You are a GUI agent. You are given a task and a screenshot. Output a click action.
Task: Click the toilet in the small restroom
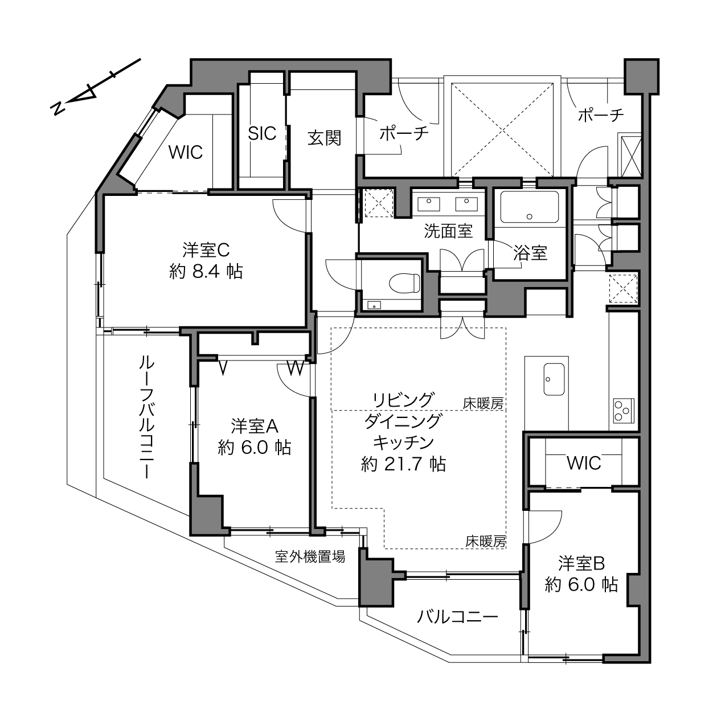click(404, 283)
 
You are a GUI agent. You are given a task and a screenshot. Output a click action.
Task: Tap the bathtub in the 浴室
click(529, 207)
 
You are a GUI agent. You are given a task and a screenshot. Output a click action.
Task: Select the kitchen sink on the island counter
click(554, 379)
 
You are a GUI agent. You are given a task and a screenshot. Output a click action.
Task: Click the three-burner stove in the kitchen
click(624, 411)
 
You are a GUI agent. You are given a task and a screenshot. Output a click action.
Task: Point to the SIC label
click(262, 133)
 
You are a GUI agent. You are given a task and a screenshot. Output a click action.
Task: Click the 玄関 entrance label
click(325, 138)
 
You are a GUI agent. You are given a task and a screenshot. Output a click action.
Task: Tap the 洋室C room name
click(206, 250)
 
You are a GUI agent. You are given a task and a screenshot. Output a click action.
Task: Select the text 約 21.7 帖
click(403, 464)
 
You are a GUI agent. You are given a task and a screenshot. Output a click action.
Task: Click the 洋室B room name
click(581, 563)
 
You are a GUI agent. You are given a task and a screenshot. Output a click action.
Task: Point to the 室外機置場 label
click(310, 556)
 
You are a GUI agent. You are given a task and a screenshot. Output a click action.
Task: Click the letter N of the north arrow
click(57, 108)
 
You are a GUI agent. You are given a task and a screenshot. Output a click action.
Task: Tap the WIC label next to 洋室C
click(186, 152)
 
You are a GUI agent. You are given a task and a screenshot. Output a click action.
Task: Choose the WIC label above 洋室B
click(584, 463)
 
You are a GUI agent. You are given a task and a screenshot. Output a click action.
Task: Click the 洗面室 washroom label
click(448, 231)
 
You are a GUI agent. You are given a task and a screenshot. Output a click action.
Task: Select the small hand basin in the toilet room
click(375, 305)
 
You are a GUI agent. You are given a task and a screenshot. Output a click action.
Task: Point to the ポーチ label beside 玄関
click(404, 133)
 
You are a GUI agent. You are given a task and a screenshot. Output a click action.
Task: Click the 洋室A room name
click(255, 426)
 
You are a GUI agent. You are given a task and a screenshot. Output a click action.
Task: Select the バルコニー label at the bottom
click(458, 617)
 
